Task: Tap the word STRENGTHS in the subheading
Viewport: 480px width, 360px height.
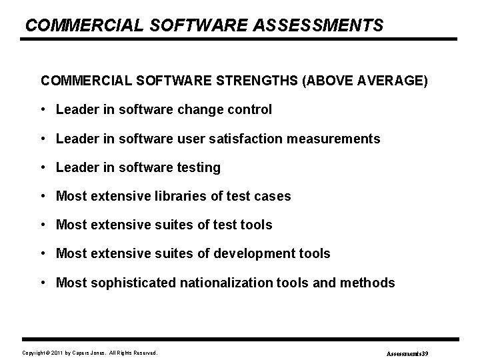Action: click(258, 81)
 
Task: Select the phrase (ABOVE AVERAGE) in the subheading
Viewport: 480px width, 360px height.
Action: click(365, 81)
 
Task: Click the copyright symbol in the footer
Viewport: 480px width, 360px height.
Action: click(49, 352)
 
